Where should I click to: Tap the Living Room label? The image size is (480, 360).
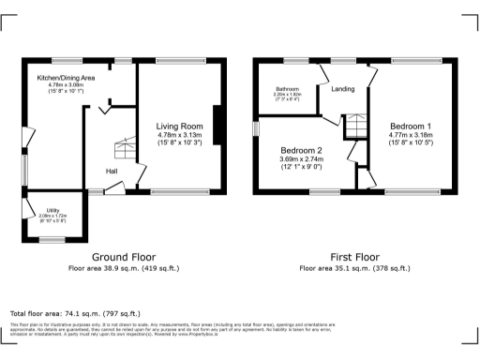tap(180, 126)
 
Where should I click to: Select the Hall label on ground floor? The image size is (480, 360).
tap(112, 172)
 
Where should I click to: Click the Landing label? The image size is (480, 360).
tap(342, 89)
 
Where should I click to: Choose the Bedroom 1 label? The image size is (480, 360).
tap(411, 126)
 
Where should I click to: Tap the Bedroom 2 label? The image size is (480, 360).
tap(301, 151)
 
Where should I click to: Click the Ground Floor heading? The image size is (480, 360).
tap(123, 256)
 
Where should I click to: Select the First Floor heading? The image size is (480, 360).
tap(355, 256)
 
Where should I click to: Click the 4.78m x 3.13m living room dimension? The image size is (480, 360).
tap(180, 134)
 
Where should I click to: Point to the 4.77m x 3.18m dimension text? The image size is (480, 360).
tap(411, 134)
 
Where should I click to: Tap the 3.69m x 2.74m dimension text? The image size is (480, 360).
tap(301, 159)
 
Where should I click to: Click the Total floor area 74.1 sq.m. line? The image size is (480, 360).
tap(74, 313)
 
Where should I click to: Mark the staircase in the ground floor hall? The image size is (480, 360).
tap(124, 148)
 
